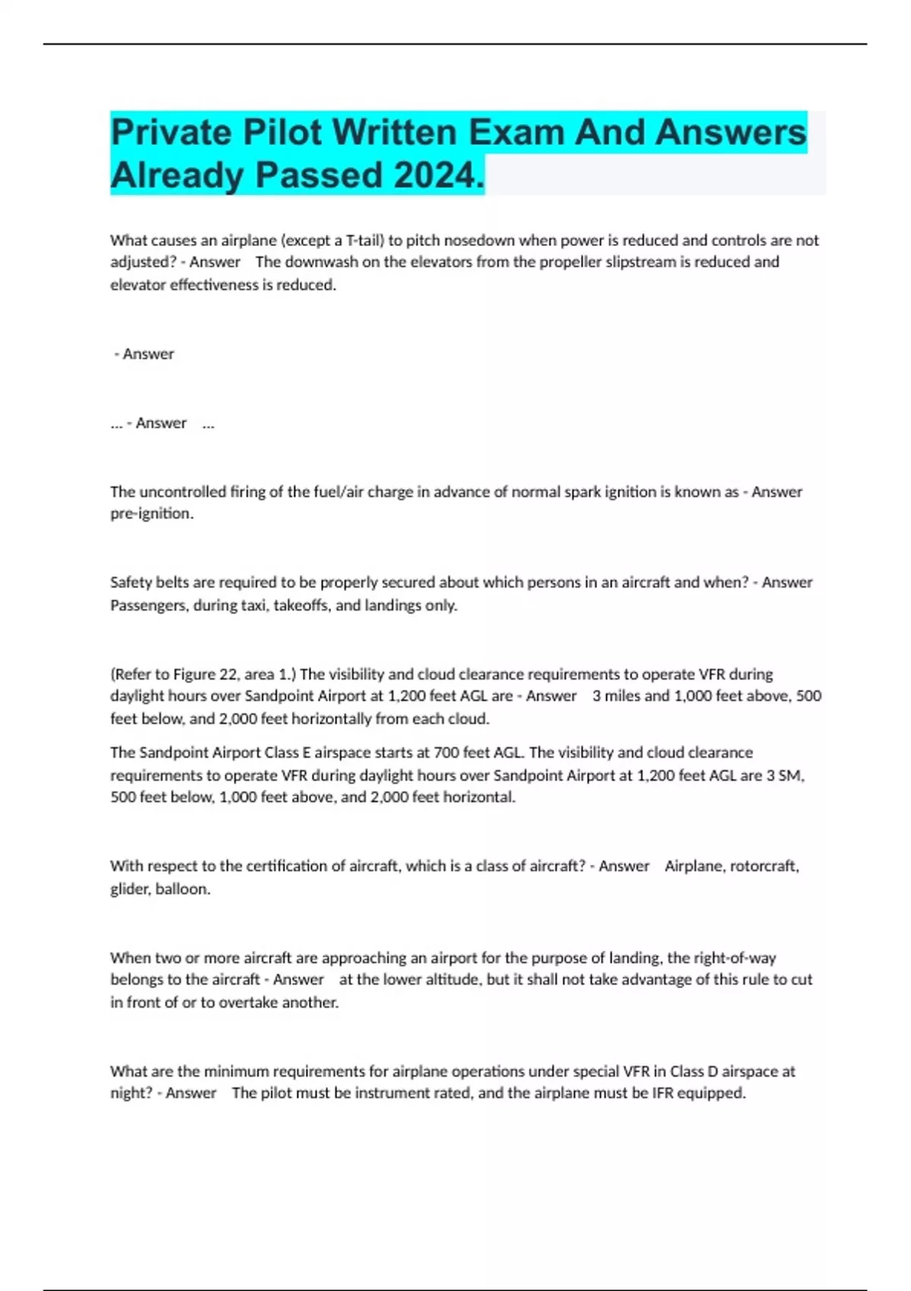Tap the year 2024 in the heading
pyautogui.click(x=439, y=176)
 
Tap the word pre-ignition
pyautogui.click(x=151, y=514)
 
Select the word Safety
pyautogui.click(x=131, y=582)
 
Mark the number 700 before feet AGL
pyautogui.click(x=446, y=753)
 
